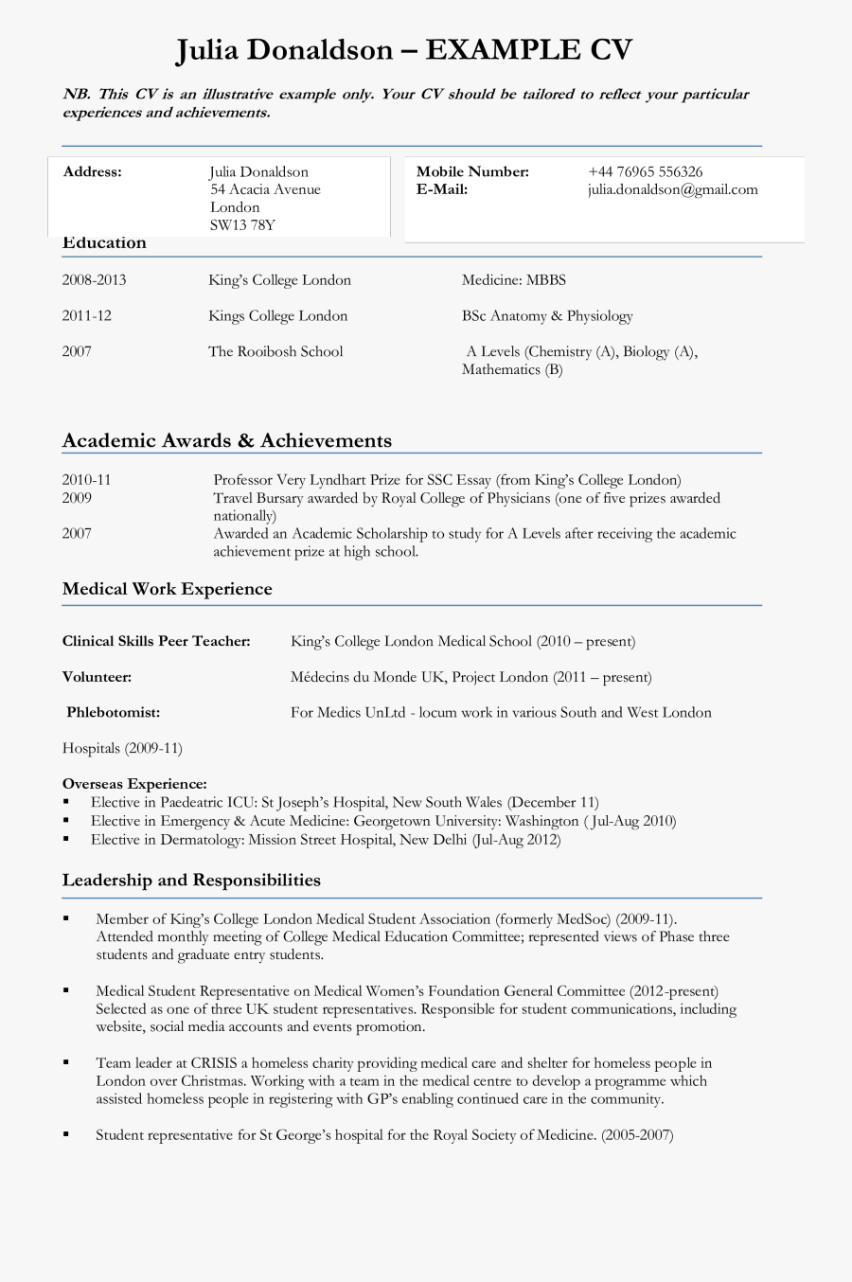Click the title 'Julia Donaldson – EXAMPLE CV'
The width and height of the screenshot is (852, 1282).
[404, 49]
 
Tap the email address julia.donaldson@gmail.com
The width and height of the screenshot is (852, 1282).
[672, 189]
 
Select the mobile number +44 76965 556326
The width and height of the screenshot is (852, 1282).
[645, 171]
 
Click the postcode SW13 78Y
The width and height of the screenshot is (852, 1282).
[242, 225]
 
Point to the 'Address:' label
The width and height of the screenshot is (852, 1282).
[92, 171]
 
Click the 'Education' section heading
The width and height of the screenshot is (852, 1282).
[104, 243]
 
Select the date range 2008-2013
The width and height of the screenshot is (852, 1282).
[94, 280]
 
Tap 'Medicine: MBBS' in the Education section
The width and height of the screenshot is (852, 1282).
[513, 280]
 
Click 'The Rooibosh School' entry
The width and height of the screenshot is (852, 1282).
[275, 351]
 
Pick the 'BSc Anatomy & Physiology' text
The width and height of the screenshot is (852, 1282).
[547, 316]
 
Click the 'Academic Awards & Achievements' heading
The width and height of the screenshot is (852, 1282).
[226, 440]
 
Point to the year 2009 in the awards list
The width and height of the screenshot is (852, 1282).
[77, 498]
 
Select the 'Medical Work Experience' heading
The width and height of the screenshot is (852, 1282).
[167, 589]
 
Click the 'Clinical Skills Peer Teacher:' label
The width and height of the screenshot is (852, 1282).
[156, 641]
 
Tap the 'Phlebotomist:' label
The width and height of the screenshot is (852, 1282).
[113, 712]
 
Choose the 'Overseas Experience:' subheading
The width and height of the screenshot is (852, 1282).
[134, 784]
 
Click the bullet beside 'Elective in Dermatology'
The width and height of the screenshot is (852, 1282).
[66, 839]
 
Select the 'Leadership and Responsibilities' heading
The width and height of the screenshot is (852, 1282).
[191, 881]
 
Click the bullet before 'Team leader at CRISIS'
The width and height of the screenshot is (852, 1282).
[66, 1062]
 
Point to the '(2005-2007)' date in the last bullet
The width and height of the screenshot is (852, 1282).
[637, 1134]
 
